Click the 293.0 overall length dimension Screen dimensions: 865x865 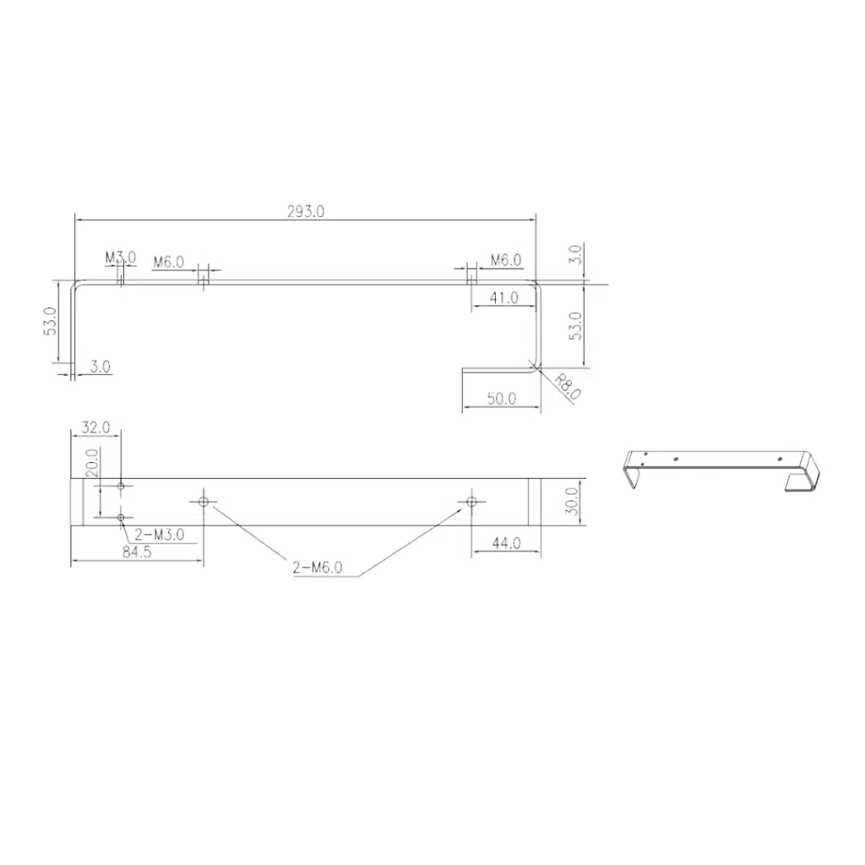click(305, 211)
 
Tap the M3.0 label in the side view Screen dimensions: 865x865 click(120, 258)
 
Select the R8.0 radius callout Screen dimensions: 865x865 click(567, 386)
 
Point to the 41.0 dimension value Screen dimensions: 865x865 click(504, 298)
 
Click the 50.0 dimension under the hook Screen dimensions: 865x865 click(502, 399)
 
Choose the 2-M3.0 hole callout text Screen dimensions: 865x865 click(160, 534)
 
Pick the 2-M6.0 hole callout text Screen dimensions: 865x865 click(318, 567)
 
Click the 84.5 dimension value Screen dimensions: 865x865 click(136, 552)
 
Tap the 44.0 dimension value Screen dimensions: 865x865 click(506, 543)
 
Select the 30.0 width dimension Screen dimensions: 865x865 click(573, 502)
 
